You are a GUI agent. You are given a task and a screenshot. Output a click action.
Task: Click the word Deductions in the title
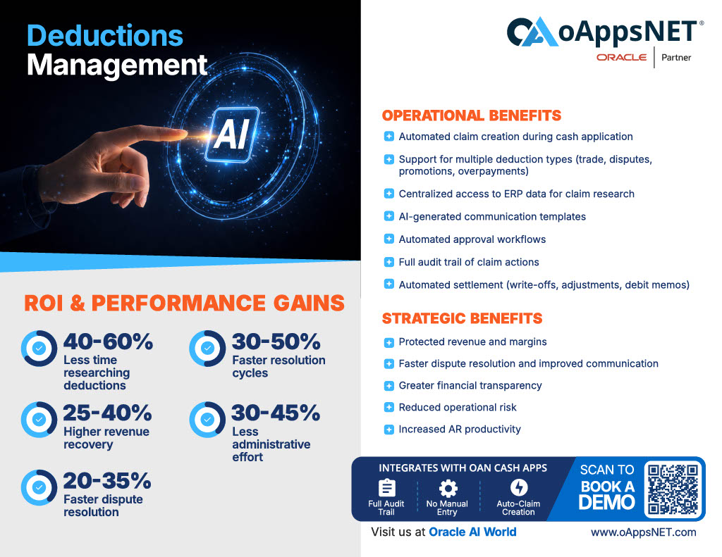[x=105, y=36]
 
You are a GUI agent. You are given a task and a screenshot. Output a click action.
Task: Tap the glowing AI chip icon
[x=233, y=134]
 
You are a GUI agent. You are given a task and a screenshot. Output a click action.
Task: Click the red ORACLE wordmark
[x=622, y=58]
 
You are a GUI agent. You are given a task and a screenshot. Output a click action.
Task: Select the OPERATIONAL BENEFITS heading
[x=472, y=115]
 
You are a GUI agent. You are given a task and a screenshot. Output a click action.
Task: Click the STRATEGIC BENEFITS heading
[x=463, y=318]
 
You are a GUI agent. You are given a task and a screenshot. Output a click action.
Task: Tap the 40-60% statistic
[x=108, y=342]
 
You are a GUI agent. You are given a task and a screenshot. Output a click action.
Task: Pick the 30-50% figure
[x=276, y=342]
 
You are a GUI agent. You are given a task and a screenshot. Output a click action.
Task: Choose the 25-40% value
[x=107, y=413]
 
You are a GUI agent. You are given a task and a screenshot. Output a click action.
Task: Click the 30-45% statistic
[x=276, y=413]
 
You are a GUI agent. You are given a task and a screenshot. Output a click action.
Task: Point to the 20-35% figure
[x=107, y=481]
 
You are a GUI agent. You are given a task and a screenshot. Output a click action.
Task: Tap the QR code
[x=673, y=489]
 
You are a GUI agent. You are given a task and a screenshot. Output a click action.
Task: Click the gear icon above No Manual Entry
[x=448, y=488]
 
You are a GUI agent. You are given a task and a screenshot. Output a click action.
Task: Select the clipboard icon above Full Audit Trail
[x=387, y=488]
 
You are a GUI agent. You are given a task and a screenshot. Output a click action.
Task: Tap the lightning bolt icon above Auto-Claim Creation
[x=519, y=487]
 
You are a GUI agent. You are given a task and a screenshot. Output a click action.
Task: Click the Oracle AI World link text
[x=472, y=532]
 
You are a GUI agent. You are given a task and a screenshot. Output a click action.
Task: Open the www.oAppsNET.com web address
[x=643, y=532]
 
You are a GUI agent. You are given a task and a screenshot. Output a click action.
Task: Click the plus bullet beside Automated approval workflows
[x=389, y=239]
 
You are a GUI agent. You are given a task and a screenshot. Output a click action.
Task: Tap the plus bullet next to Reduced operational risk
[x=389, y=408]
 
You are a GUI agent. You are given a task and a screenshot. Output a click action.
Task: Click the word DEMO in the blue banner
[x=607, y=503]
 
